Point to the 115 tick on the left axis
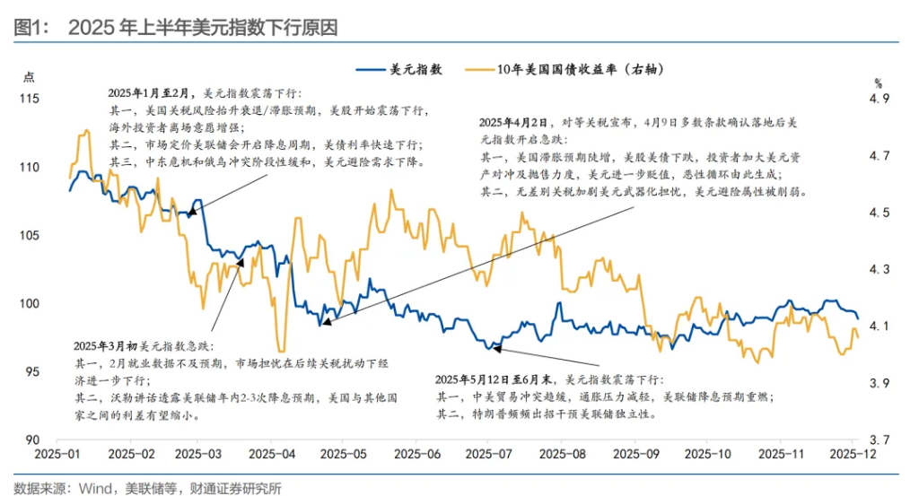coord(33,99)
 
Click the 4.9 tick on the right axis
coord(879,99)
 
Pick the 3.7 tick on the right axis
coord(879,439)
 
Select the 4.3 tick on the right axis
coord(879,269)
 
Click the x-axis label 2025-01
coord(57,456)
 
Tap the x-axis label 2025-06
coord(418,456)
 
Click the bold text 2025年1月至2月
coord(147,94)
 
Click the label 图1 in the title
coord(31,27)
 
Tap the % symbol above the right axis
coord(879,83)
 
